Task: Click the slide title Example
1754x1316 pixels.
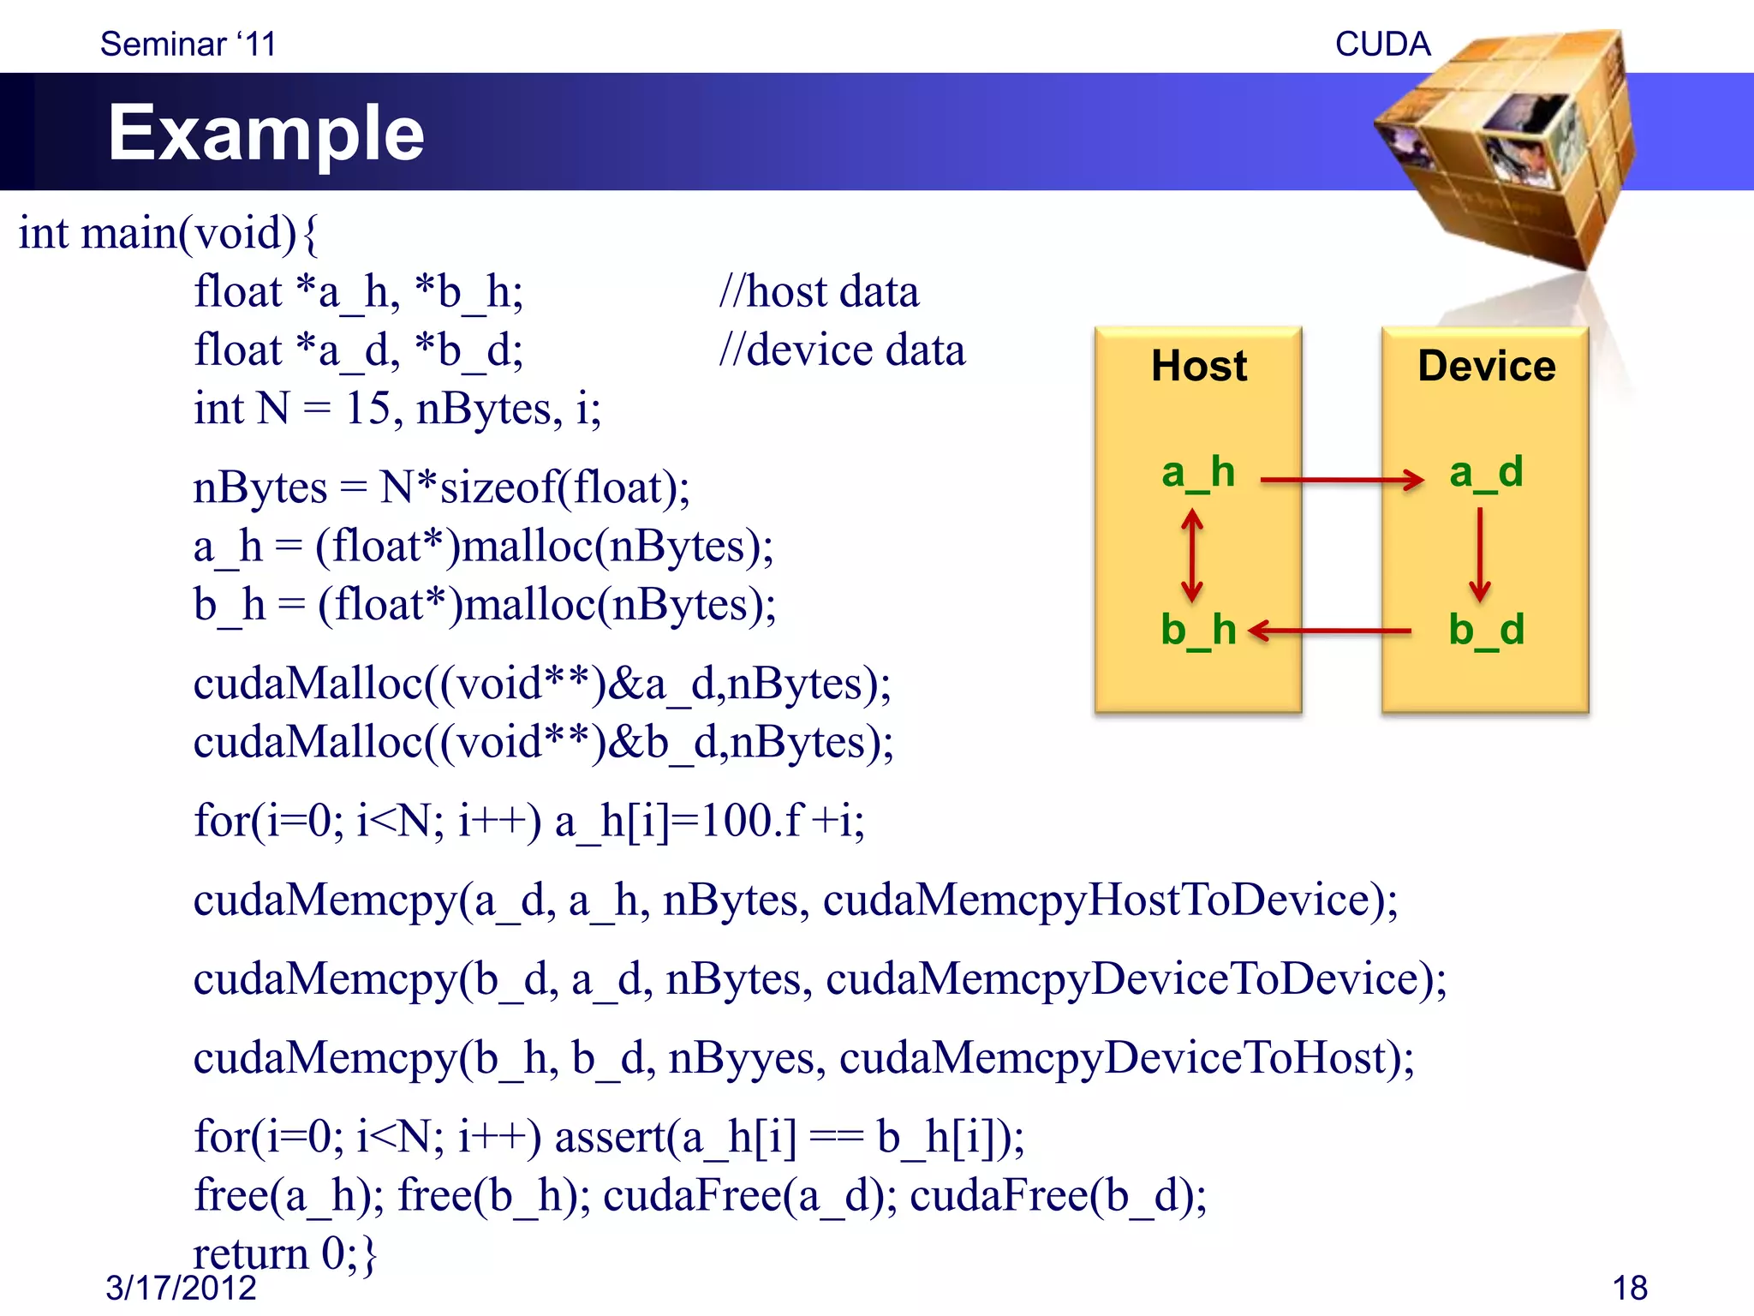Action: (265, 133)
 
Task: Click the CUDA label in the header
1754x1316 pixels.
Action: (1382, 44)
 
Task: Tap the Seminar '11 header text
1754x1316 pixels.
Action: (188, 44)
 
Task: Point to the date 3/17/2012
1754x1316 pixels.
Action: (181, 1288)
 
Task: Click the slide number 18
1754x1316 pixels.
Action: (1629, 1288)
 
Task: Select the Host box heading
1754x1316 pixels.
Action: (1198, 366)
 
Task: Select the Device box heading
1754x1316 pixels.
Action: (1486, 366)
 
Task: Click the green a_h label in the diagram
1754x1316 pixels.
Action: (1197, 473)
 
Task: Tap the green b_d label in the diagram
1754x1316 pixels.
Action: (1486, 630)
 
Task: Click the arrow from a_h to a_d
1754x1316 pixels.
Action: (1341, 480)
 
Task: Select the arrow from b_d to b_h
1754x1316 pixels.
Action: (1330, 631)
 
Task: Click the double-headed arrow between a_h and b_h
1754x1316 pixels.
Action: (1192, 555)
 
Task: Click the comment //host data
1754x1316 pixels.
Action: (819, 292)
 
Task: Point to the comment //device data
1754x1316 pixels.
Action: (842, 350)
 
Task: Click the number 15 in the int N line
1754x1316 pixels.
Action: (367, 409)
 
